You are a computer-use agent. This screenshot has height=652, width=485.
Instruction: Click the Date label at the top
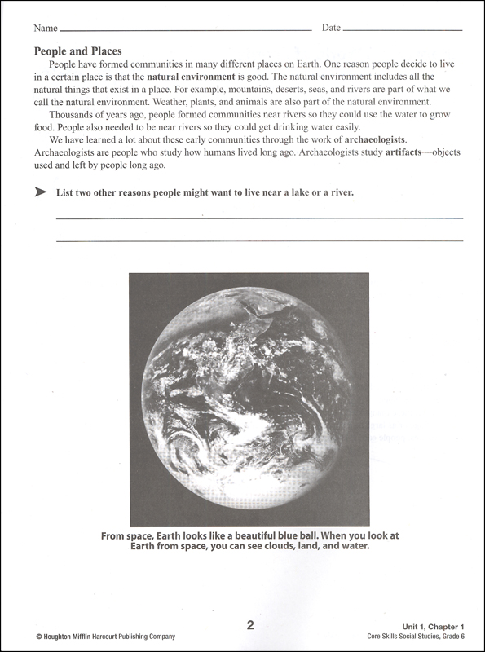pos(331,28)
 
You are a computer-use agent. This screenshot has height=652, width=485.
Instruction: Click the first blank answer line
pos(258,218)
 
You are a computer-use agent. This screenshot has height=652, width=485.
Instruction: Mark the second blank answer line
pos(258,241)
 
